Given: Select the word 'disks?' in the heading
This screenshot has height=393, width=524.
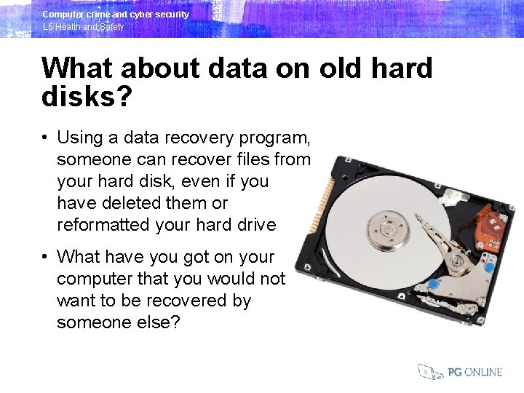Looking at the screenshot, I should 87,96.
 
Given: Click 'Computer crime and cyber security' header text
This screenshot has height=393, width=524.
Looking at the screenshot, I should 116,14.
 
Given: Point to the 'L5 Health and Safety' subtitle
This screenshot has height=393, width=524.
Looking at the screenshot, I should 83,27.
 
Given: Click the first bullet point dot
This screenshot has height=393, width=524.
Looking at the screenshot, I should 45,138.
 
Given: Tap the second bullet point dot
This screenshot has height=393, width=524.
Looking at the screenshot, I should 45,257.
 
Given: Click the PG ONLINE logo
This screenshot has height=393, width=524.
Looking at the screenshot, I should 460,372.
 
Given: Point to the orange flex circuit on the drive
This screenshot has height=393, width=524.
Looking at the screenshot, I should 492,231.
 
